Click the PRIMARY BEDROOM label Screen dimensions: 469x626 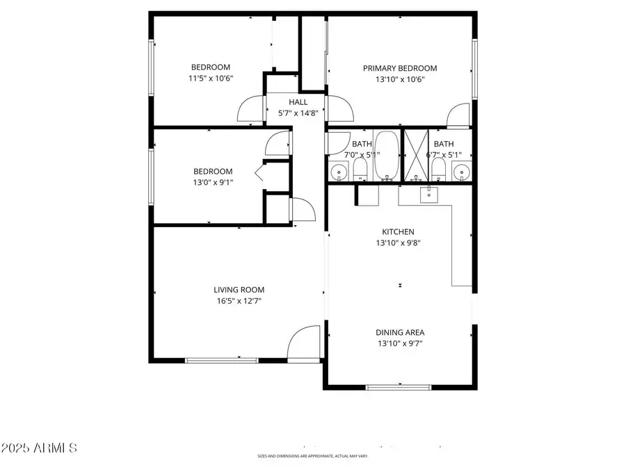(x=400, y=68)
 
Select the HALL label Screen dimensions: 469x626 (x=298, y=102)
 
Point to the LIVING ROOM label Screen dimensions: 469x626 (x=239, y=290)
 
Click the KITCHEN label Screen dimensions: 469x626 (x=398, y=232)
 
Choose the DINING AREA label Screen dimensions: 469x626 (x=400, y=332)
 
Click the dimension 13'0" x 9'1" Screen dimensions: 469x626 (x=212, y=183)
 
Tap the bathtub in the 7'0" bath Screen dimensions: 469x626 (x=387, y=156)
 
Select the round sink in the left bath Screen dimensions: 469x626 (x=339, y=170)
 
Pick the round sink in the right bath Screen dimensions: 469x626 (x=461, y=170)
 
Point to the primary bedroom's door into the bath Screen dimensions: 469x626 (x=458, y=115)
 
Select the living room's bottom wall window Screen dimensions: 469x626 (x=221, y=360)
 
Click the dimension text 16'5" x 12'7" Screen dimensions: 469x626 (x=239, y=301)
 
